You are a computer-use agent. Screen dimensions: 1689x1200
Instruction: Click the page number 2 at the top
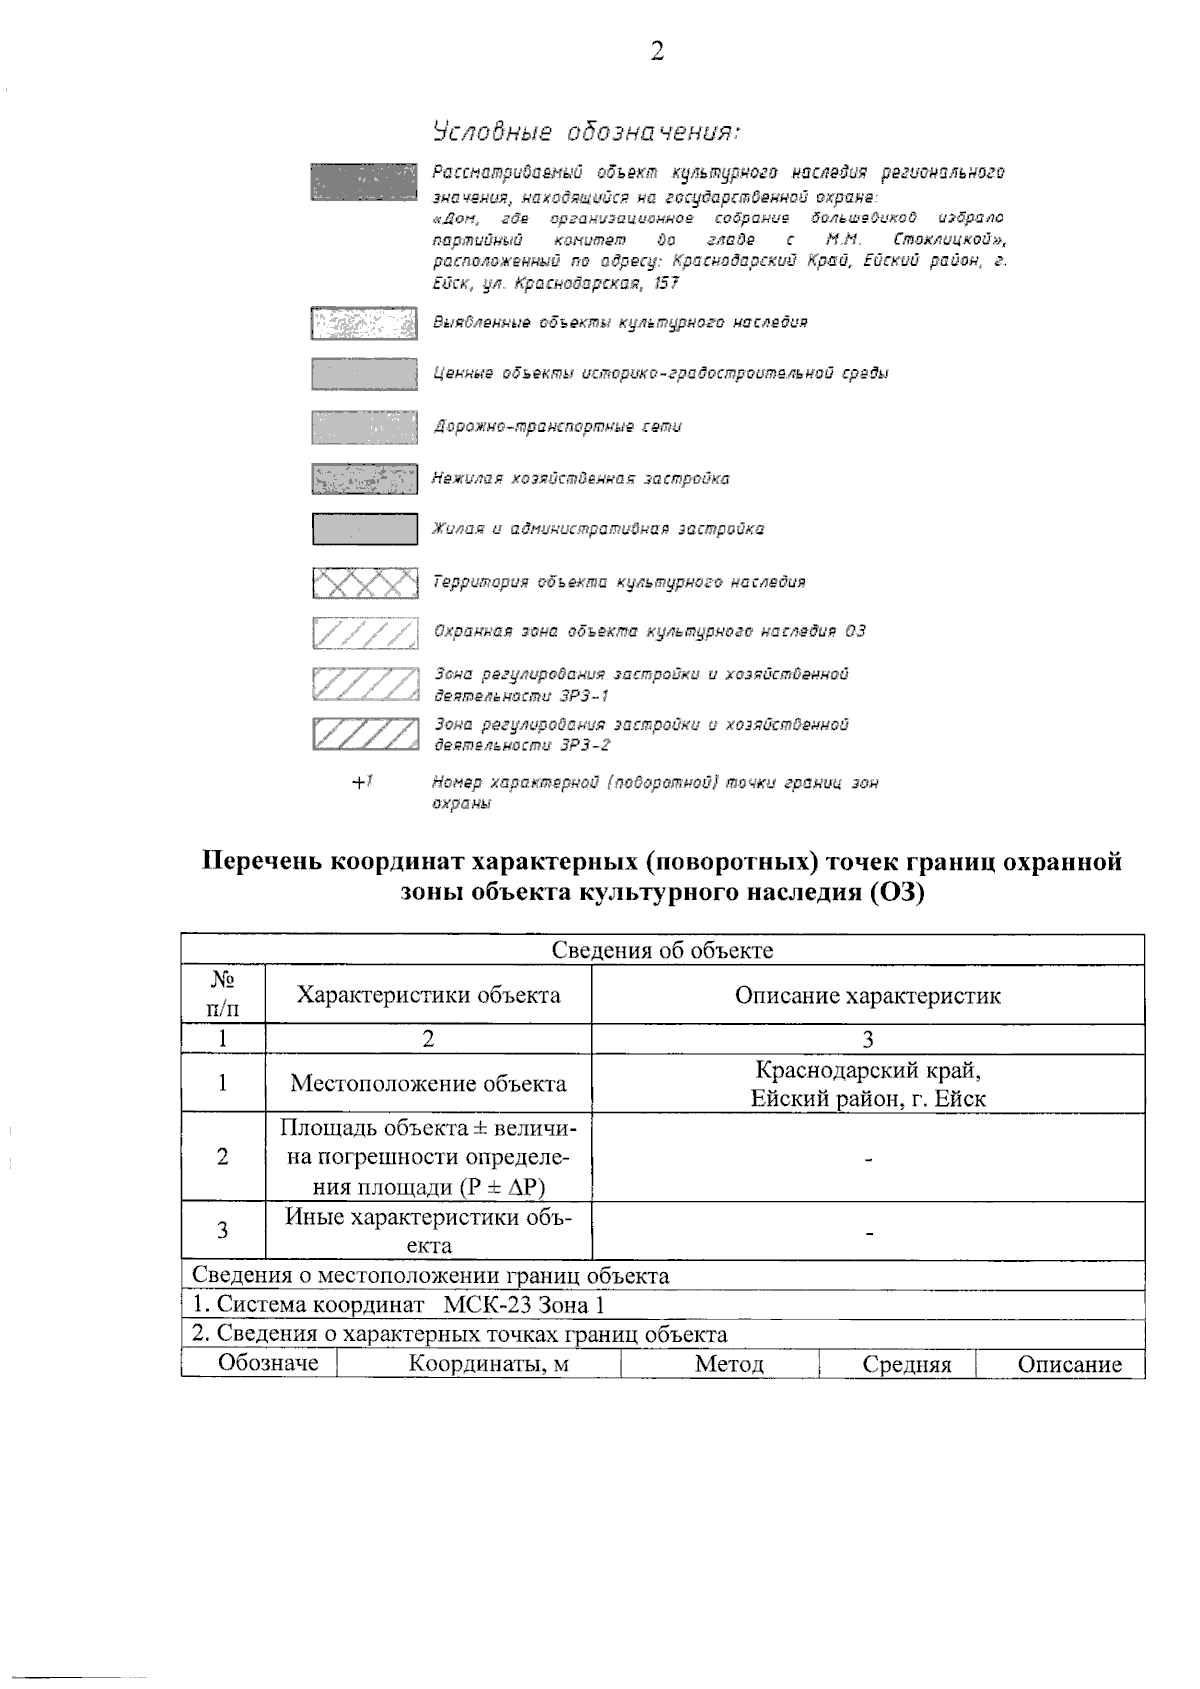657,53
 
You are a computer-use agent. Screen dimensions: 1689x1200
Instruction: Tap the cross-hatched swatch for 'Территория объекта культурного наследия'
364,583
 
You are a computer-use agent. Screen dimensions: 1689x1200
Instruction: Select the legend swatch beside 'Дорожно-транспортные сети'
364,427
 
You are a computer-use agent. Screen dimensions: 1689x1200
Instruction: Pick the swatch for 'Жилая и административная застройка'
364,529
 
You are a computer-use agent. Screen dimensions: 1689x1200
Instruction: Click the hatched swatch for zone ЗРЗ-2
364,734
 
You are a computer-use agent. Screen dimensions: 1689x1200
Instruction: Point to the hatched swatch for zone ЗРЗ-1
364,684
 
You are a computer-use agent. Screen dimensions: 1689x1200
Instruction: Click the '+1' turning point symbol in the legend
362,783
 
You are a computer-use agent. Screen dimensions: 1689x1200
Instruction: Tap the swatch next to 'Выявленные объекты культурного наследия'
364,323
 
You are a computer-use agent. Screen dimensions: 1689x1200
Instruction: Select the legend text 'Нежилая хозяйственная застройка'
580,479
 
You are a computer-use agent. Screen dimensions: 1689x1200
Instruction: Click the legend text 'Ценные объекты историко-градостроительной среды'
660,374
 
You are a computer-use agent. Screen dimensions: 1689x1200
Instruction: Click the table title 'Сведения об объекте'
662,950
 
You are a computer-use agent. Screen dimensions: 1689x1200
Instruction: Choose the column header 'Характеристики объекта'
428,995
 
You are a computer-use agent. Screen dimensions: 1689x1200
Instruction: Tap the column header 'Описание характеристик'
867,995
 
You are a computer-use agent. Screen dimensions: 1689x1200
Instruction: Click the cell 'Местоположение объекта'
428,1083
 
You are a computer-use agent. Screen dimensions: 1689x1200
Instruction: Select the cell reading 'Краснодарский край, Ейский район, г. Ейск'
868,1084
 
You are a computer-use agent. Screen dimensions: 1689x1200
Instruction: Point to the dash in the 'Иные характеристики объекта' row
869,1233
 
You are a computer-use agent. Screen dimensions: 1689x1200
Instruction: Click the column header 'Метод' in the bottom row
729,1365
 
